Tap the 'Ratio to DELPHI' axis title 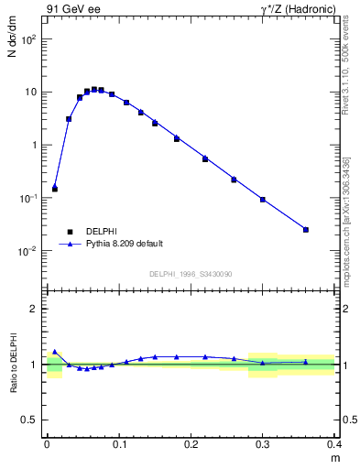pyautogui.click(x=13, y=364)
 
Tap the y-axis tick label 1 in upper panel pyautogui.click(x=34, y=146)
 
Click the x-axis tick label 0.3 pyautogui.click(x=263, y=444)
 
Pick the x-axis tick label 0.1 pyautogui.click(x=119, y=444)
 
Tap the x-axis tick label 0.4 pyautogui.click(x=334, y=444)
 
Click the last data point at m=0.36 pyautogui.click(x=306, y=229)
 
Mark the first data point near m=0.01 pyautogui.click(x=55, y=189)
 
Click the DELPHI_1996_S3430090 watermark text pyautogui.click(x=191, y=274)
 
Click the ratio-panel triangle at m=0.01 pyautogui.click(x=55, y=351)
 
